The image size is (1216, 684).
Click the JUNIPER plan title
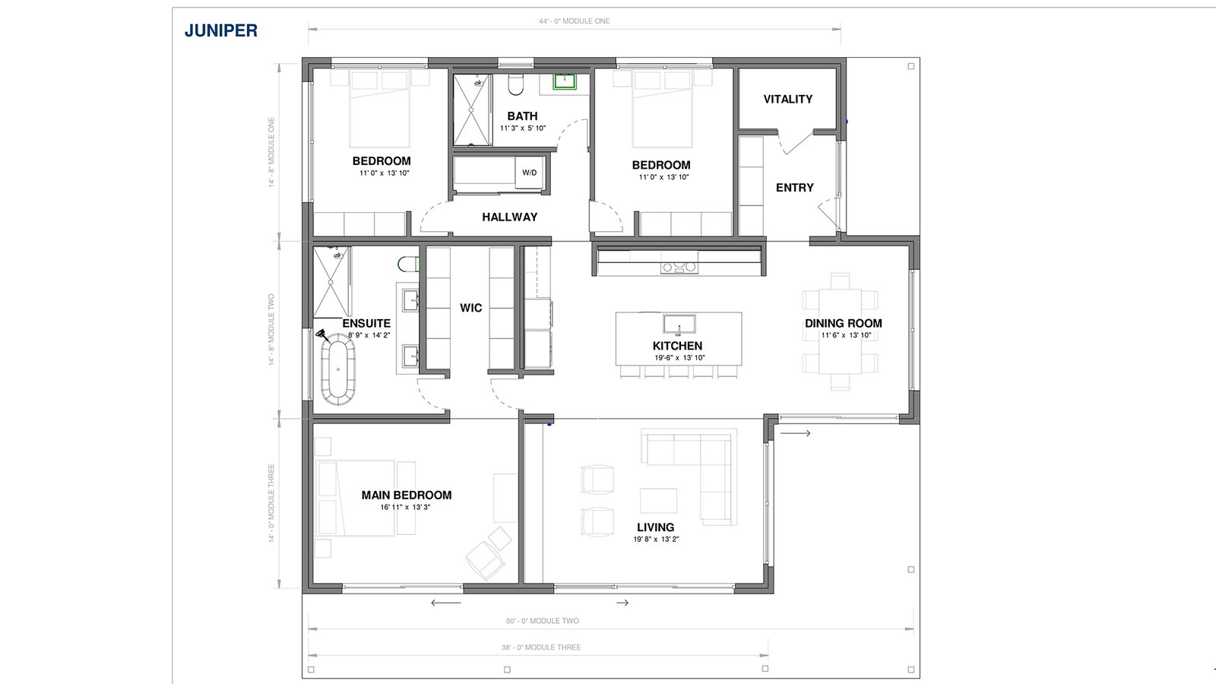221,30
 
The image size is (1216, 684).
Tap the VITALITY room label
787,100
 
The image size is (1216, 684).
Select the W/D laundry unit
529,173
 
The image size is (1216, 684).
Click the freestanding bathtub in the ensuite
338,369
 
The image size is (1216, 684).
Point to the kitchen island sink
679,324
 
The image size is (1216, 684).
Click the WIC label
470,308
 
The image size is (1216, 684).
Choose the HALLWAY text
510,217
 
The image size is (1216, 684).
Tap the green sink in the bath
565,81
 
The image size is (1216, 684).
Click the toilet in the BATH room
515,84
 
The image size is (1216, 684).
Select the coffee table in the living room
658,501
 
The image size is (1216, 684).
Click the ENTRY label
795,188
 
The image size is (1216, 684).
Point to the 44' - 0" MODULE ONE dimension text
575,21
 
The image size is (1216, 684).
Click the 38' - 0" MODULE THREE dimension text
541,647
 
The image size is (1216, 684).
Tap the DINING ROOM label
843,324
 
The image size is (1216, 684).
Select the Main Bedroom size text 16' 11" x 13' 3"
406,508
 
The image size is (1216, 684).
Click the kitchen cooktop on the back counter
679,267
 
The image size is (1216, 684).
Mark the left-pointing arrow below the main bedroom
445,603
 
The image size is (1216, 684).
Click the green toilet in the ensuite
409,264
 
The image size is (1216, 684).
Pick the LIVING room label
656,527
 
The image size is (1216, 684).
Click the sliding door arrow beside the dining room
795,433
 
